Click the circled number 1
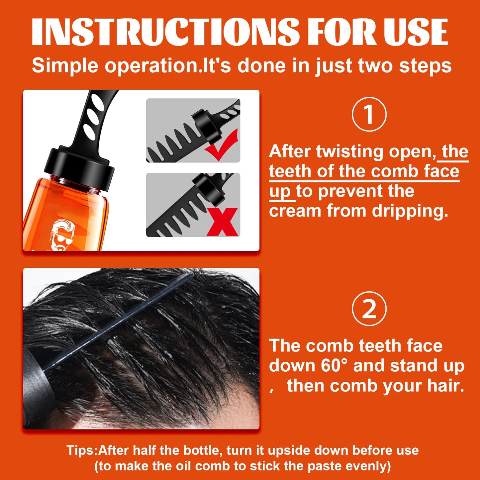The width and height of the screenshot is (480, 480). pos(369,114)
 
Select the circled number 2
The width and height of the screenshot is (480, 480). pos(369,309)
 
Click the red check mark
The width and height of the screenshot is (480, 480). pos(222,145)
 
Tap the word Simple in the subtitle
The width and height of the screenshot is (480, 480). pos(65,65)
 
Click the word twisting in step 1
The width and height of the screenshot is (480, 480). pos(350,152)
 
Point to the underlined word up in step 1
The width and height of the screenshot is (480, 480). pos(280,192)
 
